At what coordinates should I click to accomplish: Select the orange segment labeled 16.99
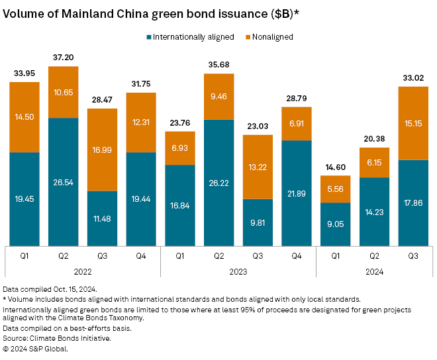102,150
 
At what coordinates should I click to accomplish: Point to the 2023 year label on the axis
238,271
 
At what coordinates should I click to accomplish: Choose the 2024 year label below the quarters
374,271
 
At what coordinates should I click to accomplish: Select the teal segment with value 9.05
335,223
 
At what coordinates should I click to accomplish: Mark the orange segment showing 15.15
413,123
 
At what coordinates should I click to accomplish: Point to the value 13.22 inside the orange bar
258,166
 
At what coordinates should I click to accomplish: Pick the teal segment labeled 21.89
296,192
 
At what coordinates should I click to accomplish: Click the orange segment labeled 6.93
179,148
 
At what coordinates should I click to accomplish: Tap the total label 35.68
218,65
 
